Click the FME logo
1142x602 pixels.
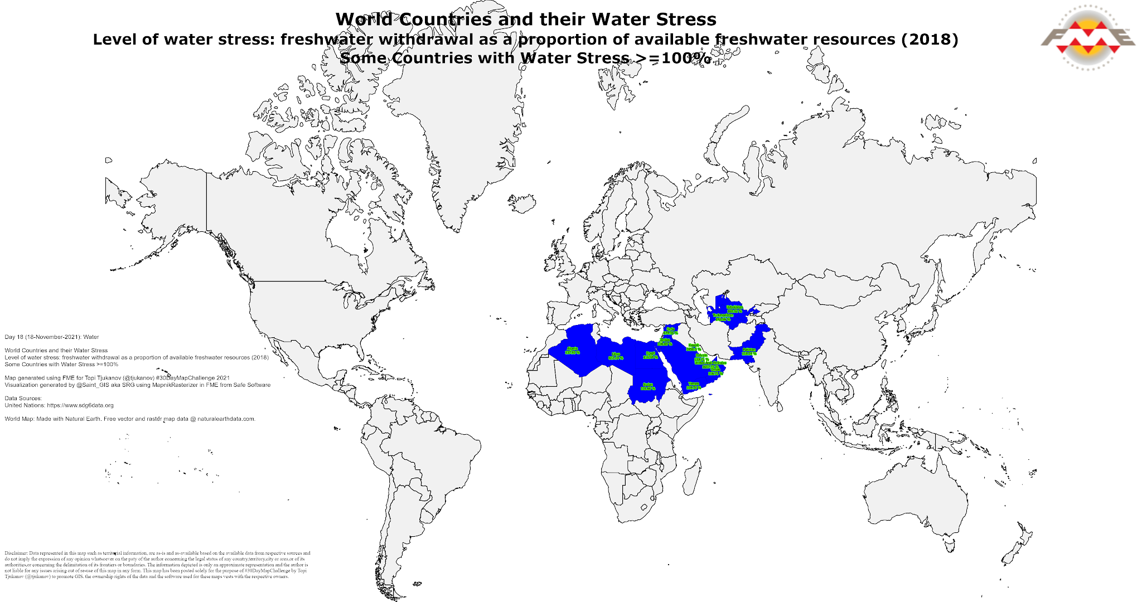coord(1087,38)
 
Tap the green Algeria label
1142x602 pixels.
coord(572,351)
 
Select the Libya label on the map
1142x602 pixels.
coord(616,356)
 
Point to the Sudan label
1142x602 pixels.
coord(647,386)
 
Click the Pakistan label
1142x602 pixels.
coord(749,352)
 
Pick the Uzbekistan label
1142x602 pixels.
coord(734,309)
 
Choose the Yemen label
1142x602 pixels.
coord(693,386)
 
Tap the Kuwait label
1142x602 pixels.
coord(693,347)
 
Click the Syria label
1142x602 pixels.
coord(670,331)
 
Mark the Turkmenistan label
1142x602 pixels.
coord(723,317)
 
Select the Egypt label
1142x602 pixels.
coord(650,355)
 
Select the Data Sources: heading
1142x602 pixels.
coord(23,399)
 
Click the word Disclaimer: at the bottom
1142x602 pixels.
coord(16,554)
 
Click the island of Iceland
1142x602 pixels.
coord(522,203)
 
